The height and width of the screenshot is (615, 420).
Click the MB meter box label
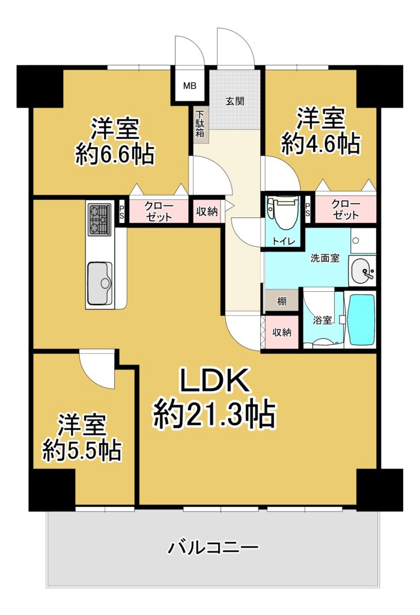coord(190,85)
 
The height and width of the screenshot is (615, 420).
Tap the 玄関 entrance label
coord(235,101)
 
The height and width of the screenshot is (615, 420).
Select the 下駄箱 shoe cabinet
coord(200,124)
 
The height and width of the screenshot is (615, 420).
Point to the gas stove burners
coord(100,220)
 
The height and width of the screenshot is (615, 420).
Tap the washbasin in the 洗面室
coord(362,271)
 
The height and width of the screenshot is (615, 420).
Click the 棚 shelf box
coord(282,301)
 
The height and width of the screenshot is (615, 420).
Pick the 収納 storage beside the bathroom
coord(281,332)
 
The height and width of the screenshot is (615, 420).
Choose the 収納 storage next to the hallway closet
coord(207,211)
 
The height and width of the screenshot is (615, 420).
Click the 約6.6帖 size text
coord(115,155)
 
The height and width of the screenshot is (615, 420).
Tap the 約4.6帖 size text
coord(320,144)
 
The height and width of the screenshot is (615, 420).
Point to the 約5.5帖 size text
coord(82,450)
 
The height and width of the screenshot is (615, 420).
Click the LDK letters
coord(215,380)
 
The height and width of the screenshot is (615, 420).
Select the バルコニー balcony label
coord(213,547)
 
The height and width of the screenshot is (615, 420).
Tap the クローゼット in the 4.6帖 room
coord(345,210)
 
